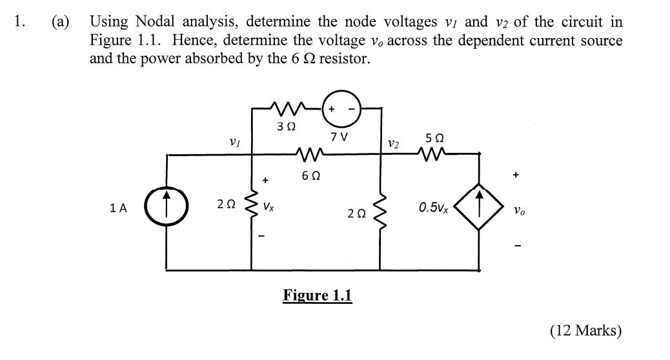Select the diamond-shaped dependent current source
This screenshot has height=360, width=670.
pos(479,208)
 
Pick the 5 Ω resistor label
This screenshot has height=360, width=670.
pos(434,138)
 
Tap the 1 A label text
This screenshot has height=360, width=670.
pos(119,208)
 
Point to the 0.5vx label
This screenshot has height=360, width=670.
pos(434,208)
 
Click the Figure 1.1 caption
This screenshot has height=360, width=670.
pos(318,295)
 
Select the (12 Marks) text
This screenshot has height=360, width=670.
pos(585,331)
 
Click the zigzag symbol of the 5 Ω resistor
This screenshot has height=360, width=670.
pos(434,154)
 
